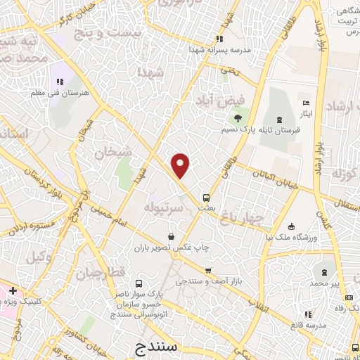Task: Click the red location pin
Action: pos(181,165)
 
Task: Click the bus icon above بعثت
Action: pos(206,198)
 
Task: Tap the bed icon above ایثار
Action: pos(305,103)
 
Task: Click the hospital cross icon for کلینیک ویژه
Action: pos(13,290)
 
